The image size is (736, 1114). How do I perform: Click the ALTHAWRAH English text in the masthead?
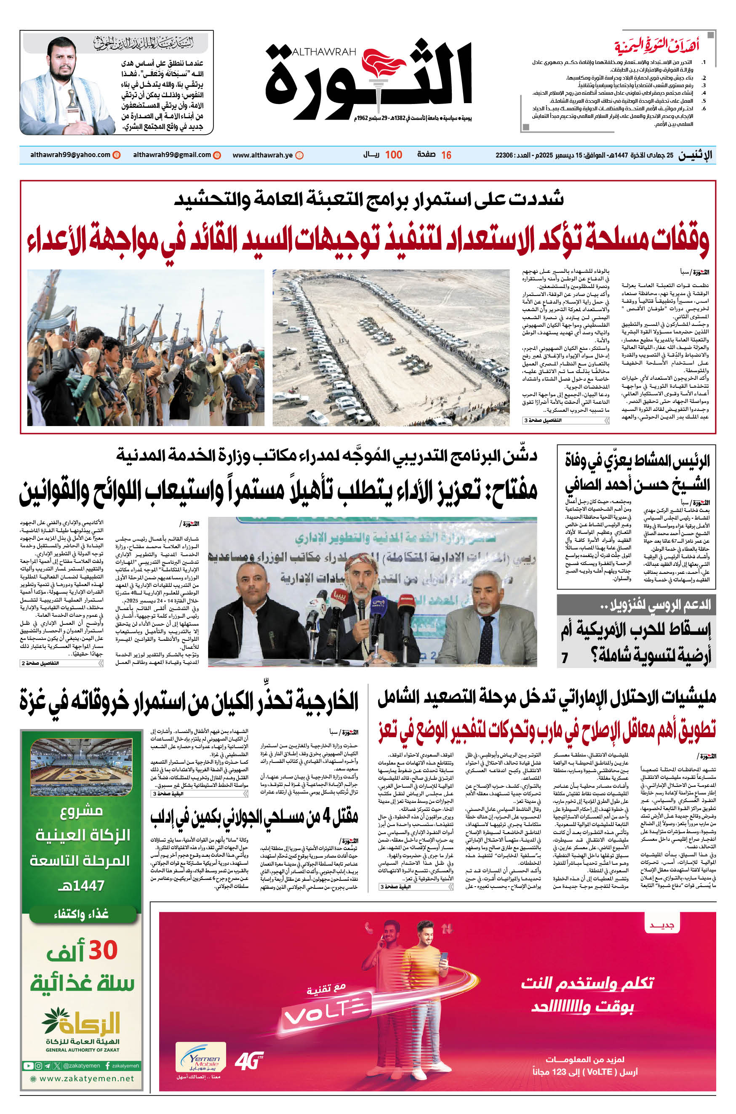point(323,52)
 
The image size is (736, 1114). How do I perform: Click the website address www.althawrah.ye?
point(262,155)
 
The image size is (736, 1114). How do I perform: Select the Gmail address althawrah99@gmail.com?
point(172,155)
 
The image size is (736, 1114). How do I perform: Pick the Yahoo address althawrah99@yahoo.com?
point(70,155)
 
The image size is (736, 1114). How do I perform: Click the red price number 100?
point(393,155)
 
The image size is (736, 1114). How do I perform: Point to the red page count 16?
point(446,155)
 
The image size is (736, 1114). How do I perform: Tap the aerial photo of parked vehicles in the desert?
point(391,347)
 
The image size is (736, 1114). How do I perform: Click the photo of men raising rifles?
point(146,347)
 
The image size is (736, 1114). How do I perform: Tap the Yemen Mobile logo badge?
point(200,1057)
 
